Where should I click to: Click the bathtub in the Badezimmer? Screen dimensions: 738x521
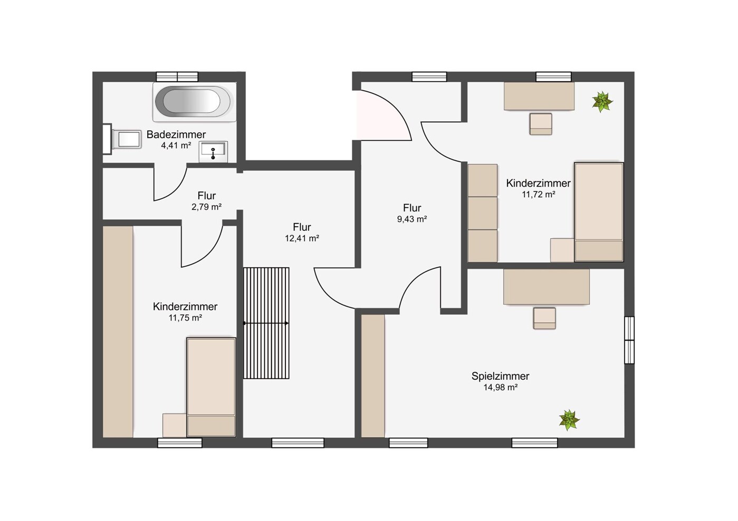click(x=194, y=102)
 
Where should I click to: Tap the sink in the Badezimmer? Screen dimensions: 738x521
click(x=213, y=152)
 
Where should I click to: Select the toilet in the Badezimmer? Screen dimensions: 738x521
click(x=122, y=139)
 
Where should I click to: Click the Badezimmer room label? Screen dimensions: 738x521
click(x=176, y=134)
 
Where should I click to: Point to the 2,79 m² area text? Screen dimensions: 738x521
click(x=207, y=207)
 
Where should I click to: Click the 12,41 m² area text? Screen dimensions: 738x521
click(x=302, y=238)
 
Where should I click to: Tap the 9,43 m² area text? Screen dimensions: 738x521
click(x=412, y=219)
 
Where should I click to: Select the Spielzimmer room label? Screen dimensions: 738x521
click(x=500, y=376)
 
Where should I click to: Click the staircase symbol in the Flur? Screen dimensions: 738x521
click(x=266, y=323)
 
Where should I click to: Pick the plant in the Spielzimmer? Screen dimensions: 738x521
click(x=569, y=420)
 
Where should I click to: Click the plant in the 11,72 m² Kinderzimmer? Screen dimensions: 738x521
click(x=602, y=102)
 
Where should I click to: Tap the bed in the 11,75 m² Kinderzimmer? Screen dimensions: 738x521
click(x=211, y=387)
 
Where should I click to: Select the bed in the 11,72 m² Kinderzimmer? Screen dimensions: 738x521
click(x=599, y=212)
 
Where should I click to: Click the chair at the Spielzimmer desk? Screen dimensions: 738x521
click(x=544, y=318)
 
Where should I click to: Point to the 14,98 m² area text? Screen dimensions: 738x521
click(x=500, y=387)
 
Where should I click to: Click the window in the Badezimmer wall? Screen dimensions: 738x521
click(x=177, y=77)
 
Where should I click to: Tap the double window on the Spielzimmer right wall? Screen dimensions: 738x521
click(x=629, y=340)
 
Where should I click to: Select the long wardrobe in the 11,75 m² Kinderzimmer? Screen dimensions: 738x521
click(x=118, y=332)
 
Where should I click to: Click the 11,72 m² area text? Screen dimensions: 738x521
click(x=539, y=194)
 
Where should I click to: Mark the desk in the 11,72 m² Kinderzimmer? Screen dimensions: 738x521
click(x=539, y=96)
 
